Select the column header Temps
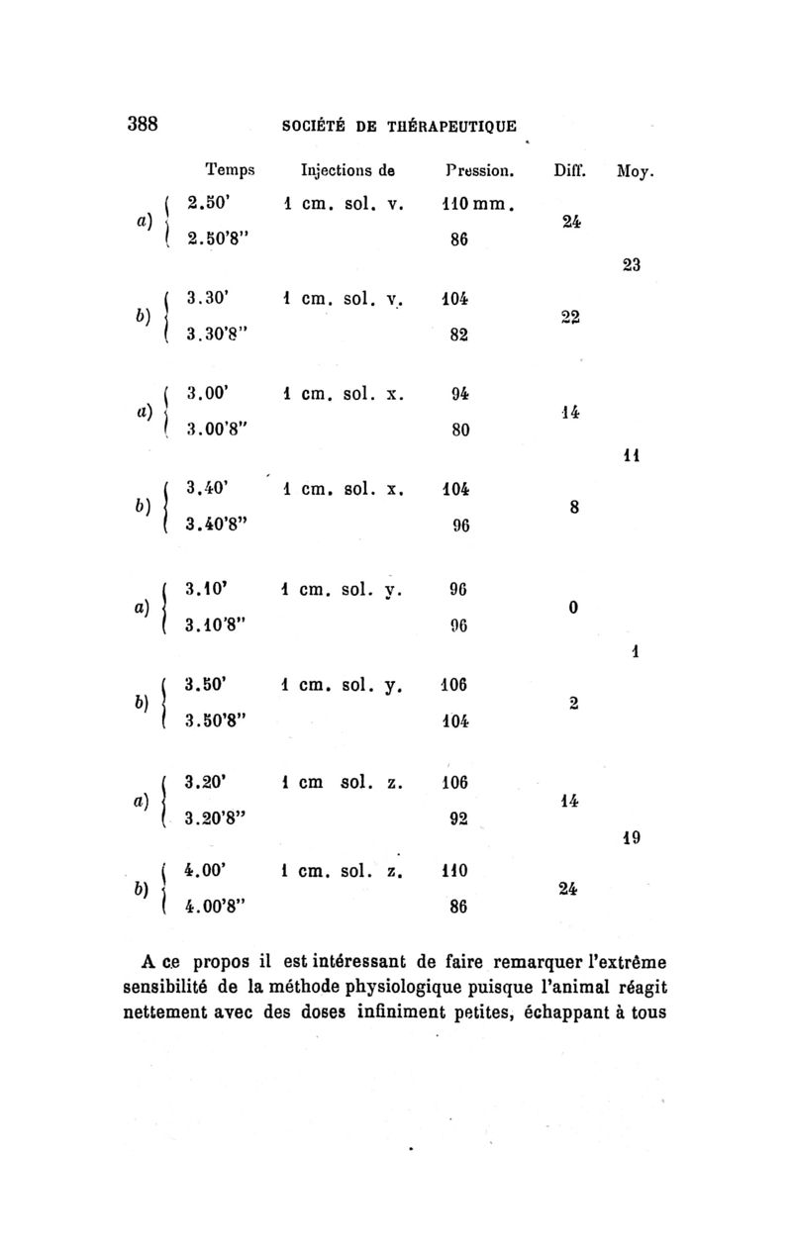pos(230,170)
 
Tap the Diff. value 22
pos(567,314)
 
